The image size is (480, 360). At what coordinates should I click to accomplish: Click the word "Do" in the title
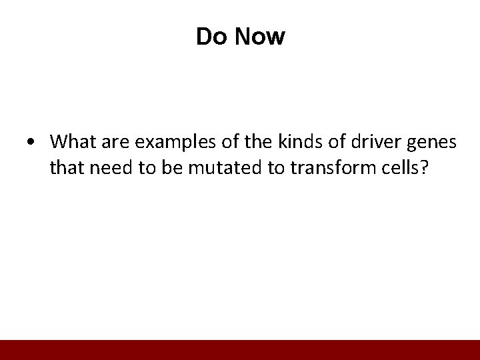[x=209, y=37]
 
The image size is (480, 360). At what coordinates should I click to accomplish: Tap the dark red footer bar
[x=240, y=350]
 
